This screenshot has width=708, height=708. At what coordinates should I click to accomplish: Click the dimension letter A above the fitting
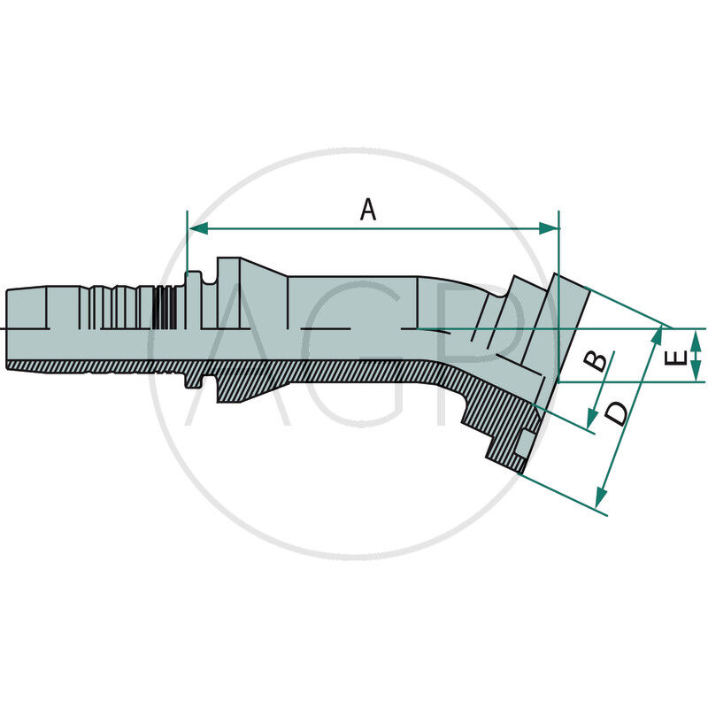368,210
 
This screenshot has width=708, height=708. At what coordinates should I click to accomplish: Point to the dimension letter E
675,358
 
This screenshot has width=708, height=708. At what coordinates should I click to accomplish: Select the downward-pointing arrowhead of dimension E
696,373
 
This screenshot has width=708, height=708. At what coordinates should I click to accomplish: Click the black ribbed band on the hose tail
162,308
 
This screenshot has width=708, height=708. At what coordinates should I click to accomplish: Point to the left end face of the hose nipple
6,328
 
